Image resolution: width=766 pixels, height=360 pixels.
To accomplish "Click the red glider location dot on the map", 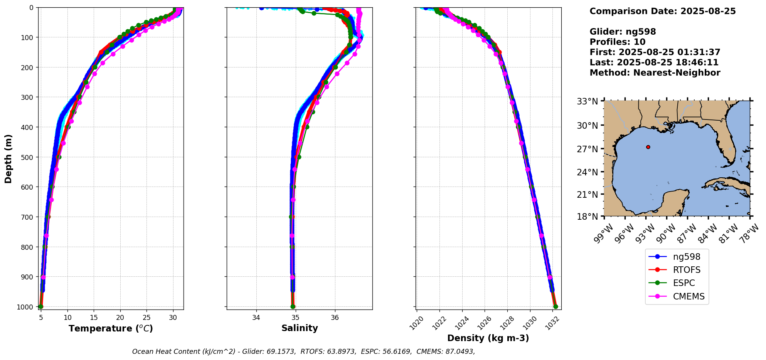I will (648, 147).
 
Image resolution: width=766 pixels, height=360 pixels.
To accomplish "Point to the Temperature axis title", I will (111, 328).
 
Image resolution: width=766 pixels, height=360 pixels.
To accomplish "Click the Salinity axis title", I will (300, 328).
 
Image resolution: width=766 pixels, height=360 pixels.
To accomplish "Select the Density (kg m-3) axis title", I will (488, 338).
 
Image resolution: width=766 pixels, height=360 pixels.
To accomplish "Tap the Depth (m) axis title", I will (8, 158).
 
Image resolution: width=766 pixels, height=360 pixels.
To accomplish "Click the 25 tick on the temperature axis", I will (146, 318).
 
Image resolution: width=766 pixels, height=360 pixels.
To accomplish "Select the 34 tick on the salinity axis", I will (256, 318).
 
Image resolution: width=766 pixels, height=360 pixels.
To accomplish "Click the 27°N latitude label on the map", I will (587, 149).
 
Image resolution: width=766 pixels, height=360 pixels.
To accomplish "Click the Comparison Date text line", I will (662, 11).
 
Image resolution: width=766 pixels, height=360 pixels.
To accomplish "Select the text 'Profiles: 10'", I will (617, 42).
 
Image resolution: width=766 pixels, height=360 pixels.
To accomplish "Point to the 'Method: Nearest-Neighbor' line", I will (655, 73).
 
